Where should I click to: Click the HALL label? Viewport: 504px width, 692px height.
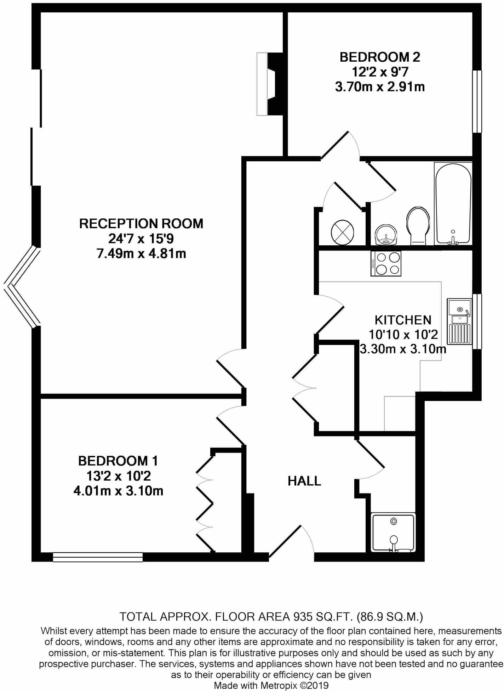(304, 481)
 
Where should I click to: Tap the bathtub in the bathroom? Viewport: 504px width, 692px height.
(453, 204)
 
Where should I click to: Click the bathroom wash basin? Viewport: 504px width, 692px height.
(385, 234)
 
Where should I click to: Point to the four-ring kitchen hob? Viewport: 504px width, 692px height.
(386, 263)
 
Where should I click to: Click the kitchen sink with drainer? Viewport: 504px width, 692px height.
(459, 321)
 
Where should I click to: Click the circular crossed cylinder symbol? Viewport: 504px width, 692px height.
(342, 233)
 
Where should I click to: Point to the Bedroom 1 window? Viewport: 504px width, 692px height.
(98, 557)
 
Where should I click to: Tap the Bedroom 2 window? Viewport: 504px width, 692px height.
(477, 102)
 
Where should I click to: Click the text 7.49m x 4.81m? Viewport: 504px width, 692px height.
(141, 254)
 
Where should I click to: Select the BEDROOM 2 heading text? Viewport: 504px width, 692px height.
(380, 57)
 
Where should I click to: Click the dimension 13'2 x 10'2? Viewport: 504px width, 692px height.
(119, 476)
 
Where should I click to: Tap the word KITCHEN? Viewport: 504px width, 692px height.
(403, 320)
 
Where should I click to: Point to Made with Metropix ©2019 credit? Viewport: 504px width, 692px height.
(271, 685)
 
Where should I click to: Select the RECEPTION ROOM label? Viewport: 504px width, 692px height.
(141, 224)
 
